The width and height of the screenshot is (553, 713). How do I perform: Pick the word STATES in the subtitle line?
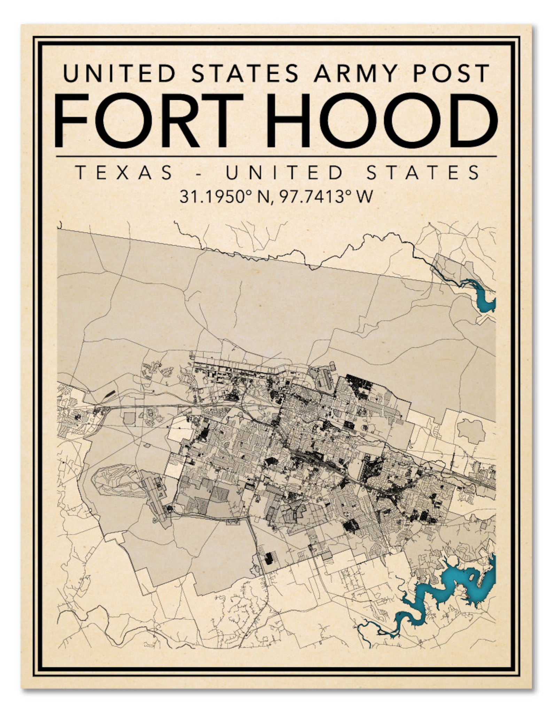[x=423, y=173]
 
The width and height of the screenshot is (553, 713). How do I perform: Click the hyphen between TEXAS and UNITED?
[x=199, y=173]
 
